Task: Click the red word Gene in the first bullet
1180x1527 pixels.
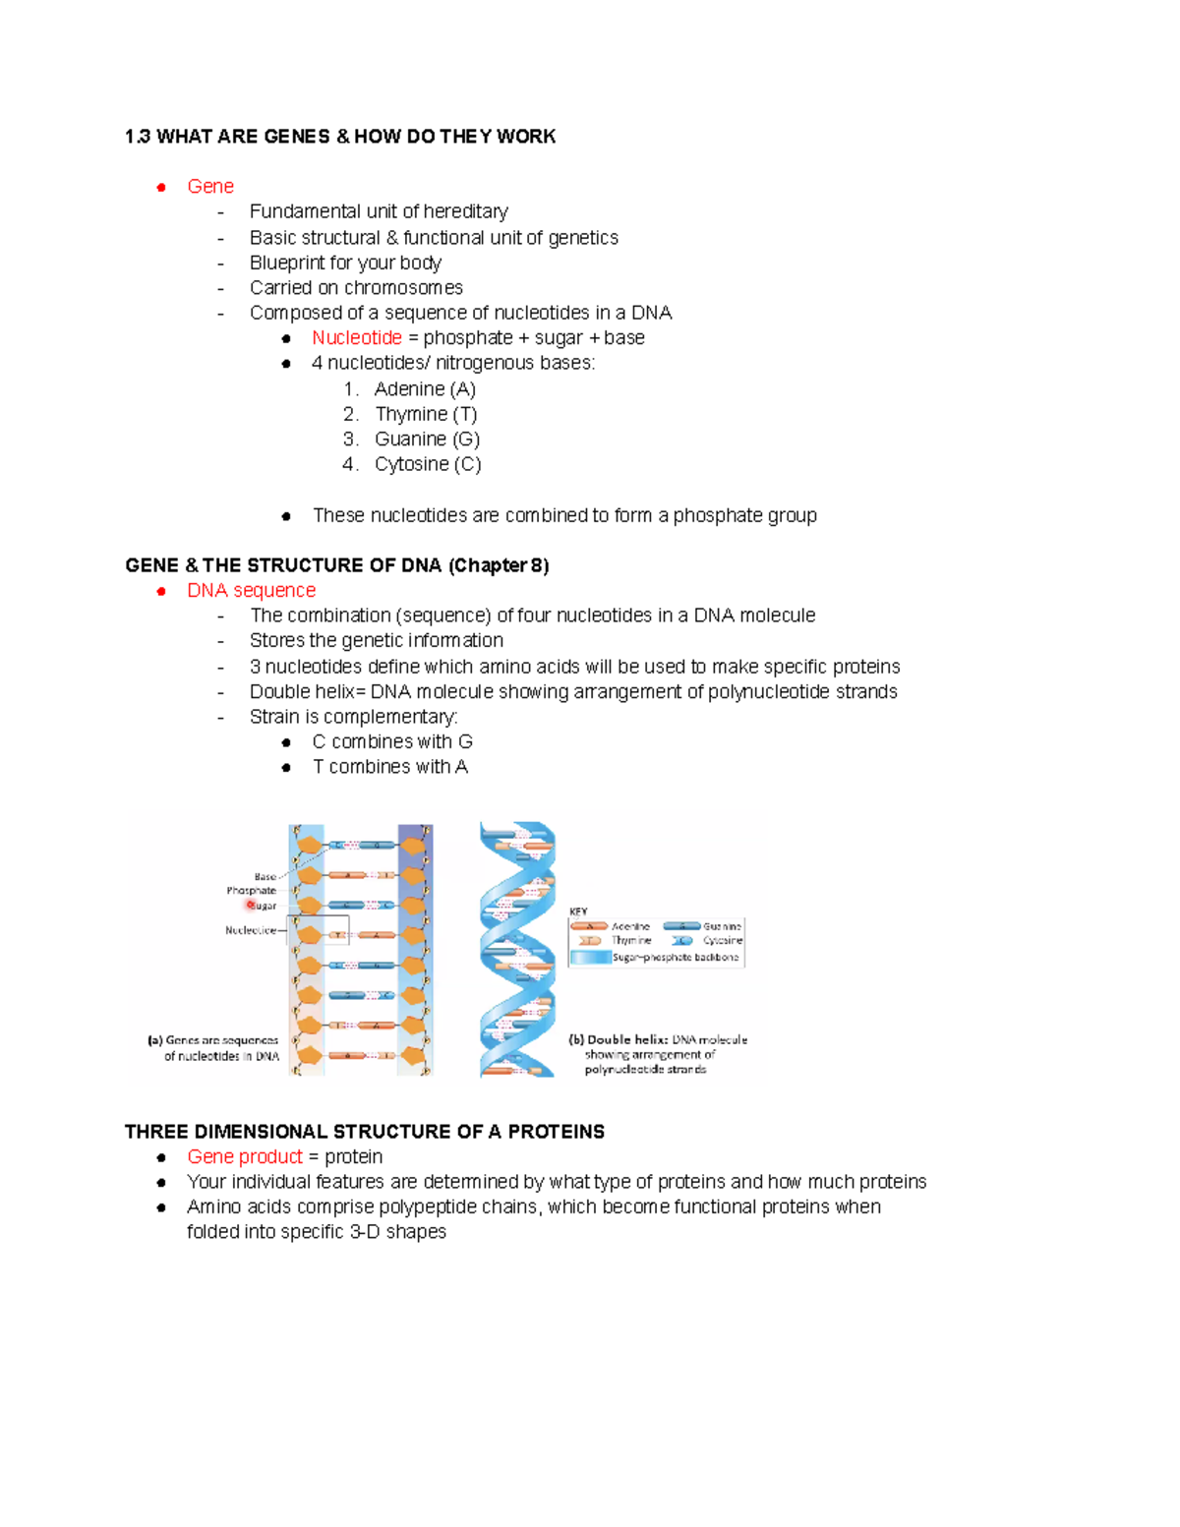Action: pyautogui.click(x=209, y=187)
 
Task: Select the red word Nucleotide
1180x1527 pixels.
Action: pyautogui.click(x=356, y=338)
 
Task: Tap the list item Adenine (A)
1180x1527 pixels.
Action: pyautogui.click(x=425, y=389)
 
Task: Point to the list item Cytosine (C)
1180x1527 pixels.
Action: pyautogui.click(x=428, y=464)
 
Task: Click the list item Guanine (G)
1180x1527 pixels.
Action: pyautogui.click(x=427, y=440)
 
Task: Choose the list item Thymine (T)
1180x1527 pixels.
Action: pyautogui.click(x=426, y=414)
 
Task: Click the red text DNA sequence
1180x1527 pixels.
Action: pyautogui.click(x=251, y=591)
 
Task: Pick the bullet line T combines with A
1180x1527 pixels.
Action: pyautogui.click(x=389, y=767)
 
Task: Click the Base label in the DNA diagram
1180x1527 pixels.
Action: pyautogui.click(x=265, y=877)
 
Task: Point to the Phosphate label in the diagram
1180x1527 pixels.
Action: pyautogui.click(x=251, y=891)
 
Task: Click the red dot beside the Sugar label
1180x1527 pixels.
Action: pyautogui.click(x=250, y=905)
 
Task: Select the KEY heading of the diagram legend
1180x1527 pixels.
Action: pyautogui.click(x=578, y=912)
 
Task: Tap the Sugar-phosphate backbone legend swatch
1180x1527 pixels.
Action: pyautogui.click(x=590, y=957)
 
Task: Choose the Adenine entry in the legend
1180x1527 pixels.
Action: pyautogui.click(x=630, y=926)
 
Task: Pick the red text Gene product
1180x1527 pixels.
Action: pyautogui.click(x=245, y=1157)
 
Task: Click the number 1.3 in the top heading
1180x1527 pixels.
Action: pyautogui.click(x=138, y=137)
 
